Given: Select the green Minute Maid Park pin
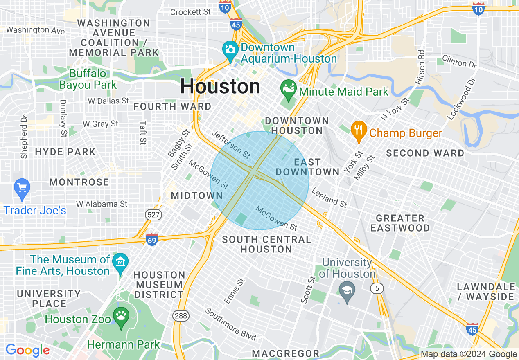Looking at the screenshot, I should (289, 90).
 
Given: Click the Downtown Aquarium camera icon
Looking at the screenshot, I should (230, 50).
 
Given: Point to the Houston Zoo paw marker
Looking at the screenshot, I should (121, 317).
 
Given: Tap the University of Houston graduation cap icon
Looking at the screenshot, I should (347, 292).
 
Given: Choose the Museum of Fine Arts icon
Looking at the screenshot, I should (120, 262).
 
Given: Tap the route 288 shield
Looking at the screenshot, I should (181, 315).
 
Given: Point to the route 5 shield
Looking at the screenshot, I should (377, 288).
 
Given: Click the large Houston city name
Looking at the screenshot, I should (220, 87).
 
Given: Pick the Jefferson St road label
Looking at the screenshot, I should (231, 145).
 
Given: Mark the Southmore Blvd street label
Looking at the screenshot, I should (231, 324).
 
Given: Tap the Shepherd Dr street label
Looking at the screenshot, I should (24, 137).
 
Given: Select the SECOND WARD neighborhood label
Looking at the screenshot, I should (425, 153).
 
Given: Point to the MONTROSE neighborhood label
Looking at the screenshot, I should (79, 182).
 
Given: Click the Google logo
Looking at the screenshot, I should (27, 350).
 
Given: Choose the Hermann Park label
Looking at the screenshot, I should (123, 344).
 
